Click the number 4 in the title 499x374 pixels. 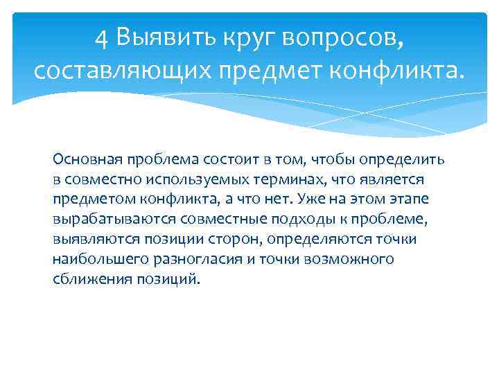(103, 38)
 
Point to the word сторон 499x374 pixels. (241, 240)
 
